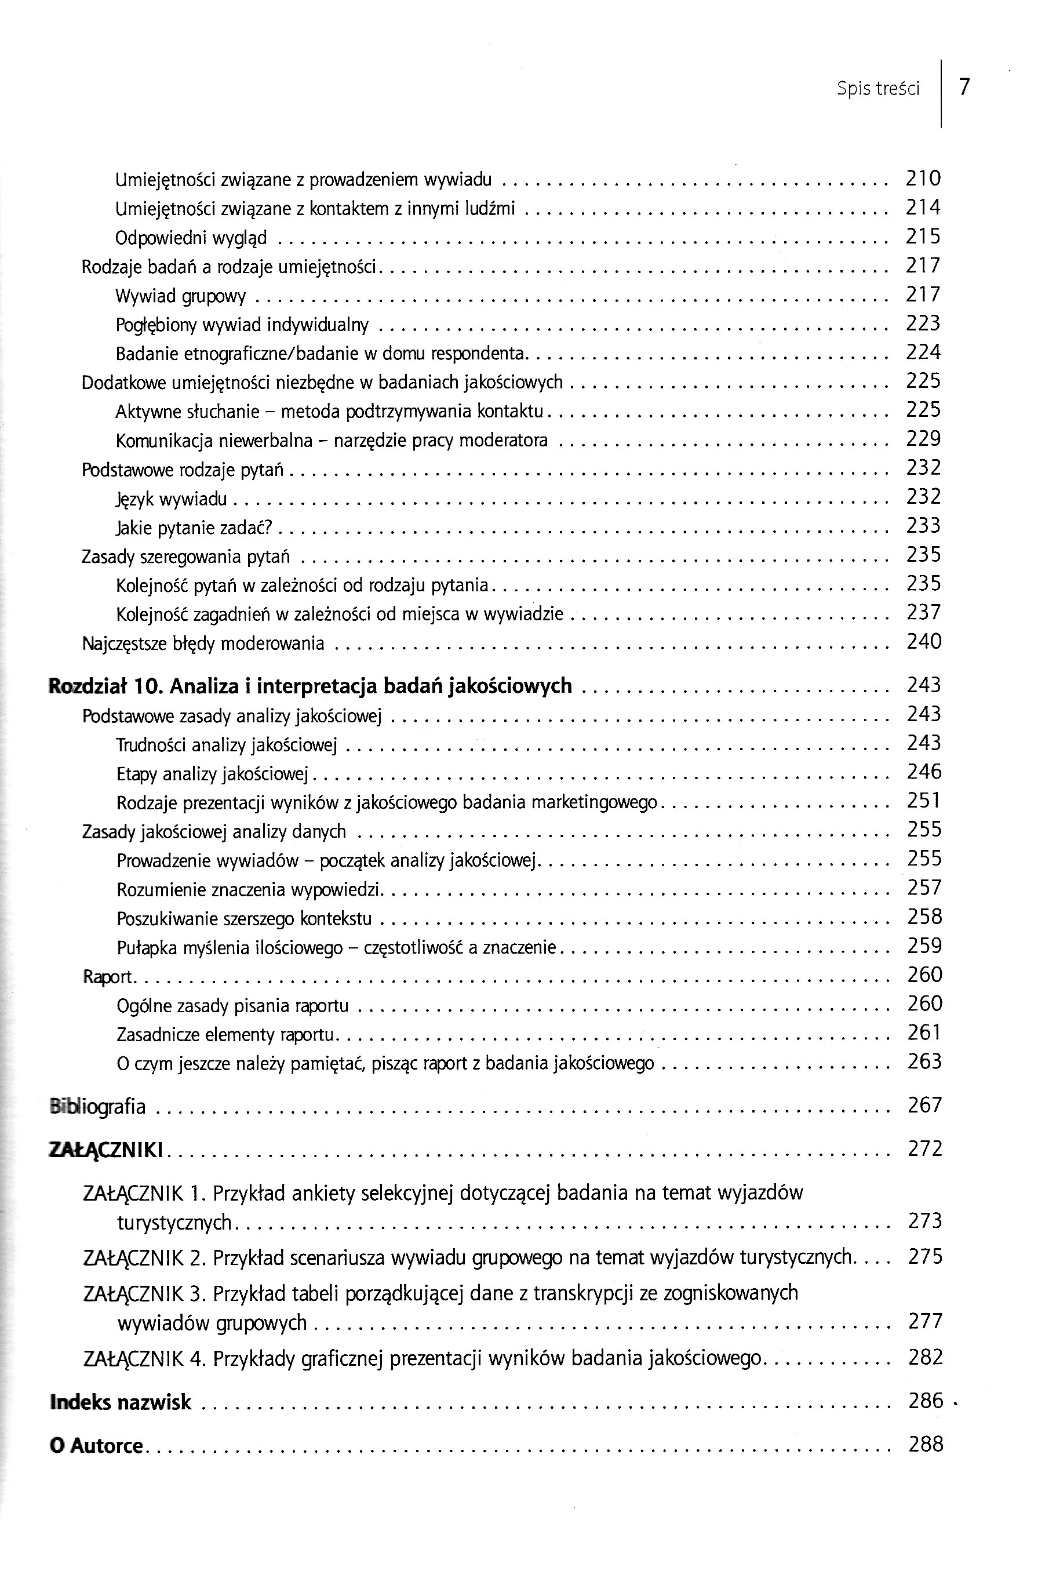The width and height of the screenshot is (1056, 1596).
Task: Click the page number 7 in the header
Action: coord(964,87)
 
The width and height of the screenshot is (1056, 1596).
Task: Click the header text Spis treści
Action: coord(877,88)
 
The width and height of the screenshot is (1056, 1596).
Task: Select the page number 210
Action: coord(923,179)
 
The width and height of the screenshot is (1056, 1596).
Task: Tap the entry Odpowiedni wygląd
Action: coord(191,238)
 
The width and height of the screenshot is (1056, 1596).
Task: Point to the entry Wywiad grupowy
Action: coord(180,296)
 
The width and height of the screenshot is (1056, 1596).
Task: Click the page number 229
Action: coord(923,439)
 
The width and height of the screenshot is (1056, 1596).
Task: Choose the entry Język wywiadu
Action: coord(171,499)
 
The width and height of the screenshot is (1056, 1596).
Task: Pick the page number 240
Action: coord(923,641)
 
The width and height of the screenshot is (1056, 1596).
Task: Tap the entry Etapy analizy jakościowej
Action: coord(212,774)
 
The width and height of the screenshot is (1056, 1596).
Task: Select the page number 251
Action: coord(923,801)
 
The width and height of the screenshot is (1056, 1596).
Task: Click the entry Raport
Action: coord(108,976)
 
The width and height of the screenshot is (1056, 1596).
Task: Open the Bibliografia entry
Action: coord(99,1106)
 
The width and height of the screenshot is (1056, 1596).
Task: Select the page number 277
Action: coord(924,1321)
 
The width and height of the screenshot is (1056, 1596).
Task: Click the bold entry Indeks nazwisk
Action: coord(121,1402)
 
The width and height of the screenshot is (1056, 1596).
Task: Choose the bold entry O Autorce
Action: coord(96,1446)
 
